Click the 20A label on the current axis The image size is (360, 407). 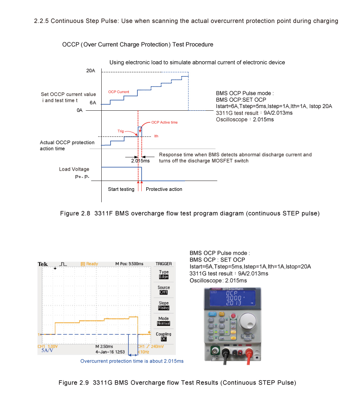[x=90, y=71]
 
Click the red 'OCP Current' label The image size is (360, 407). [x=119, y=92]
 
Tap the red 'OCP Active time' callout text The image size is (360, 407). [x=164, y=122]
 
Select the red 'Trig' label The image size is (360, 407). [x=121, y=131]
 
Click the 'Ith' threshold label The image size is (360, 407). [x=156, y=136]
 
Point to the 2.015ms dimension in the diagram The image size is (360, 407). [x=140, y=161]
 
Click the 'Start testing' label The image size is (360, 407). [x=121, y=189]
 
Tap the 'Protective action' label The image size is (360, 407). [x=164, y=189]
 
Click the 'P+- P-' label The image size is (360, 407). [x=83, y=177]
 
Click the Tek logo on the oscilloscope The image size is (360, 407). [x=43, y=264]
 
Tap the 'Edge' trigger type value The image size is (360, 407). [x=163, y=277]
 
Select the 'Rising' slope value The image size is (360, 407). [x=163, y=308]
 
